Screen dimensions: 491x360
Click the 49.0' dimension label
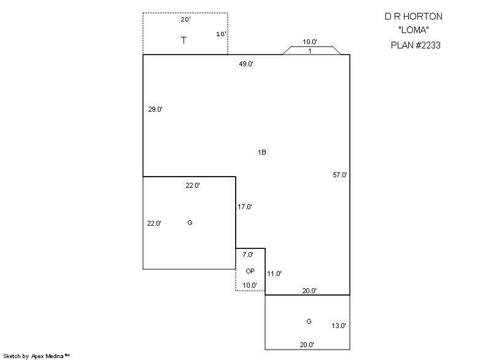click(246, 64)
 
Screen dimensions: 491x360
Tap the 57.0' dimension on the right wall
click(340, 175)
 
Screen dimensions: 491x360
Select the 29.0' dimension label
click(155, 109)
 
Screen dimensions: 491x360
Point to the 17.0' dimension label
click(245, 207)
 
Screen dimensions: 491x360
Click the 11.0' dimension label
click(274, 274)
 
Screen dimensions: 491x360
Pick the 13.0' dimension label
click(339, 326)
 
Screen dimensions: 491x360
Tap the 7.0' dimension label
click(248, 255)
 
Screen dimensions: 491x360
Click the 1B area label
click(262, 152)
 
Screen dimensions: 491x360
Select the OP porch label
click(250, 271)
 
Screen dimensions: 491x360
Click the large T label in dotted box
click(184, 40)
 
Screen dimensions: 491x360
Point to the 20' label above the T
click(186, 20)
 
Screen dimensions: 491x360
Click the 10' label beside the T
click(221, 34)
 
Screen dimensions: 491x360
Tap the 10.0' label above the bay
click(310, 42)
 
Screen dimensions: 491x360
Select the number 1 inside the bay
click(310, 51)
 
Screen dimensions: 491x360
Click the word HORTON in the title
click(423, 17)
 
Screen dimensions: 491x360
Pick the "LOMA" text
click(414, 30)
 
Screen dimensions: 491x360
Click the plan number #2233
click(428, 45)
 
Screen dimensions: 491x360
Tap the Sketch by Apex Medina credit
click(36, 356)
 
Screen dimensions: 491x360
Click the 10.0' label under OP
click(250, 285)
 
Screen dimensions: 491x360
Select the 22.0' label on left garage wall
click(154, 223)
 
